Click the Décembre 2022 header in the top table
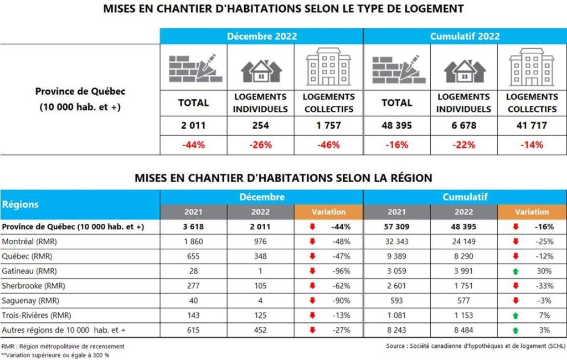[x=262, y=37]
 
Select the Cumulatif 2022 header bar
[x=465, y=37]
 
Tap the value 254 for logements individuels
[x=260, y=126]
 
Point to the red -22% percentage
[x=463, y=145]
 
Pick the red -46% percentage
[x=328, y=145]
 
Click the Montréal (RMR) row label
[x=29, y=241]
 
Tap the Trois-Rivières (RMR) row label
[x=37, y=315]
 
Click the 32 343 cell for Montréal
[x=396, y=241]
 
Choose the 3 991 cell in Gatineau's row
[x=463, y=271]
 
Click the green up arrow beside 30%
[x=516, y=271]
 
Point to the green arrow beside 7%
[x=516, y=315]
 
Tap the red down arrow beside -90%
[x=312, y=301]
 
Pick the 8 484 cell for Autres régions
[x=463, y=330]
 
